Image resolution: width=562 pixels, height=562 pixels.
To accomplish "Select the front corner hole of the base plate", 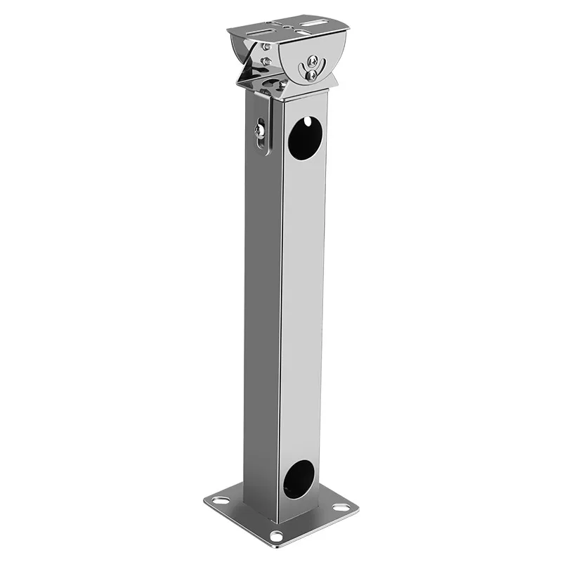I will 276,536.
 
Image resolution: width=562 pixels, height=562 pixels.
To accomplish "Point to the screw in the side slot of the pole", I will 259,130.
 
